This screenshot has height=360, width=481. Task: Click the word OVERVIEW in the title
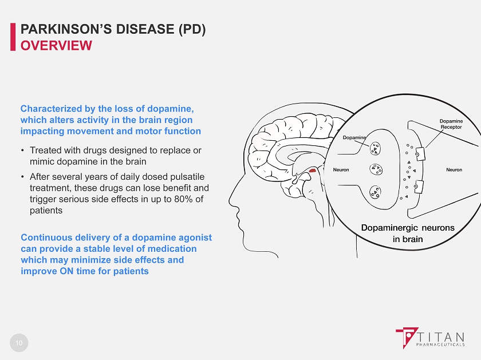pyautogui.click(x=56, y=46)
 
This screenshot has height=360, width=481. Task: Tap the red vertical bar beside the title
pyautogui.click(x=13, y=37)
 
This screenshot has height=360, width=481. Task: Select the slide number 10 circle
pyautogui.click(x=19, y=343)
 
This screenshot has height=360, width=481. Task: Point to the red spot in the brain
pyautogui.click(x=312, y=170)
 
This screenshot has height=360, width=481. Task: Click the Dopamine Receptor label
pyautogui.click(x=451, y=124)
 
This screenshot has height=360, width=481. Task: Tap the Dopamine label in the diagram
pyautogui.click(x=354, y=137)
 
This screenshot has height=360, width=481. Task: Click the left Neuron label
pyautogui.click(x=341, y=169)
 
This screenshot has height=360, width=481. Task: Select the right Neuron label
pyautogui.click(x=454, y=169)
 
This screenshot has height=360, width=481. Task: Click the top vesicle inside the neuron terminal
pyautogui.click(x=375, y=148)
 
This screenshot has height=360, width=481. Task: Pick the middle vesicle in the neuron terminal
pyautogui.click(x=376, y=169)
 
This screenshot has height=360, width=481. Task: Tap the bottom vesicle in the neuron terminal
pyautogui.click(x=375, y=192)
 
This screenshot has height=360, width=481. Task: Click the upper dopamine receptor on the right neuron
pyautogui.click(x=420, y=154)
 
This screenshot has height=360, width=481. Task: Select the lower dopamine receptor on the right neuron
pyautogui.click(x=419, y=187)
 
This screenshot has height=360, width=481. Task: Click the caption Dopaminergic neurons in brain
pyautogui.click(x=408, y=234)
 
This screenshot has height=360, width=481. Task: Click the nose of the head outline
pyautogui.click(x=230, y=201)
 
